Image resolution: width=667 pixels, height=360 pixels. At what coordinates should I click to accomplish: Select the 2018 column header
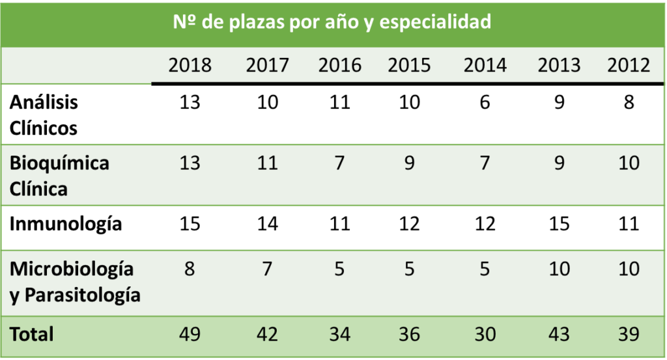[190, 66]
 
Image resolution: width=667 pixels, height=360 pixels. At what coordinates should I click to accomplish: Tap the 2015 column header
[409, 66]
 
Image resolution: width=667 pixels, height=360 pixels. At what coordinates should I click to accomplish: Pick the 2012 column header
[629, 66]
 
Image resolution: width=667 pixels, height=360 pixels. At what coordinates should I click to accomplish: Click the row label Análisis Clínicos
[44, 115]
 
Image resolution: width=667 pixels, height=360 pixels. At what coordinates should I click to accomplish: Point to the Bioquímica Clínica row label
[59, 176]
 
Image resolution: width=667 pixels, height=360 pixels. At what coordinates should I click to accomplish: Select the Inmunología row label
[66, 224]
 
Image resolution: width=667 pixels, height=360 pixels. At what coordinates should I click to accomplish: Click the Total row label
[32, 334]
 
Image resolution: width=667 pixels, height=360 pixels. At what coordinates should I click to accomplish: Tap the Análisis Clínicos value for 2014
[485, 102]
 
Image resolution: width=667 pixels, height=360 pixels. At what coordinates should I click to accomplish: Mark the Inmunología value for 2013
[560, 224]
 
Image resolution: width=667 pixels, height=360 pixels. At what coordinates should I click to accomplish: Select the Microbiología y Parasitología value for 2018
[190, 269]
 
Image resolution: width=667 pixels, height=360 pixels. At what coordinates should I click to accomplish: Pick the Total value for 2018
[190, 334]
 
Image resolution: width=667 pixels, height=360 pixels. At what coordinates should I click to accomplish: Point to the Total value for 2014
[485, 334]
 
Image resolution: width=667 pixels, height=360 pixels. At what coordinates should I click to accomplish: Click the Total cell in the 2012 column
[629, 334]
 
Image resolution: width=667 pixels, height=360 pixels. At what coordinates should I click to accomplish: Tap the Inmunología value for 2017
[267, 224]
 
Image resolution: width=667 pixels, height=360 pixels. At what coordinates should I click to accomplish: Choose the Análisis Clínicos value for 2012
[629, 102]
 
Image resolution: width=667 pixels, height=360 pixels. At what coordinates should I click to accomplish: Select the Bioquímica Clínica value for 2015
[409, 163]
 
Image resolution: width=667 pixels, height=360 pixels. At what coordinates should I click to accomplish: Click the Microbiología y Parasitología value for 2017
[267, 269]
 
